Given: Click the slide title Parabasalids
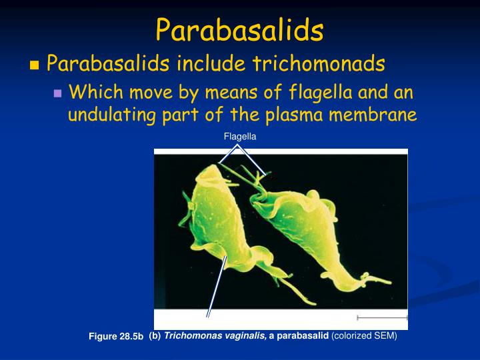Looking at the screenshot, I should click(x=239, y=30).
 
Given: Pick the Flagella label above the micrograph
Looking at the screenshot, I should click(x=240, y=136).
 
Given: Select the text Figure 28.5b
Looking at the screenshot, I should click(x=117, y=337).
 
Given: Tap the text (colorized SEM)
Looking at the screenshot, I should click(x=364, y=336).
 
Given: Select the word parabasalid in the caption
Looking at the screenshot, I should click(x=306, y=336).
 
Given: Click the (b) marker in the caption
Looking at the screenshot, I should click(x=155, y=336).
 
